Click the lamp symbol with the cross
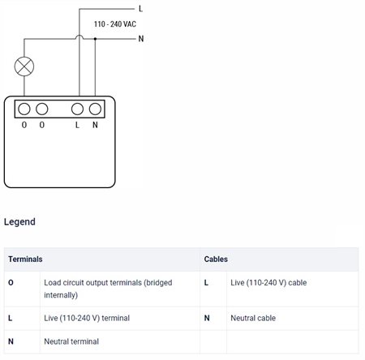tap(24, 66)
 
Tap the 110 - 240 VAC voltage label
tap(115, 24)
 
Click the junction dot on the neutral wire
tap(95, 39)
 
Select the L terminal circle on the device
tap(77, 109)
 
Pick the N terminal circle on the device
tap(95, 109)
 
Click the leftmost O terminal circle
tap(24, 109)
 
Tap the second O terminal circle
tap(42, 109)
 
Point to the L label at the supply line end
tap(140, 9)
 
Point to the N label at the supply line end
tap(141, 39)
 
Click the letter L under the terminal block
tap(77, 125)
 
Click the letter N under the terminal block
tap(95, 125)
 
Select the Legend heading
tap(19, 222)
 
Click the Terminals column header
tap(25, 259)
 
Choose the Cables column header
tap(216, 259)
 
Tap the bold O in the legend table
tap(11, 283)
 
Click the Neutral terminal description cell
tap(71, 341)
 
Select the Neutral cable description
tap(253, 318)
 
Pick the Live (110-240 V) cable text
tap(268, 283)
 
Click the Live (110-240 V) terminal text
tap(87, 318)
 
